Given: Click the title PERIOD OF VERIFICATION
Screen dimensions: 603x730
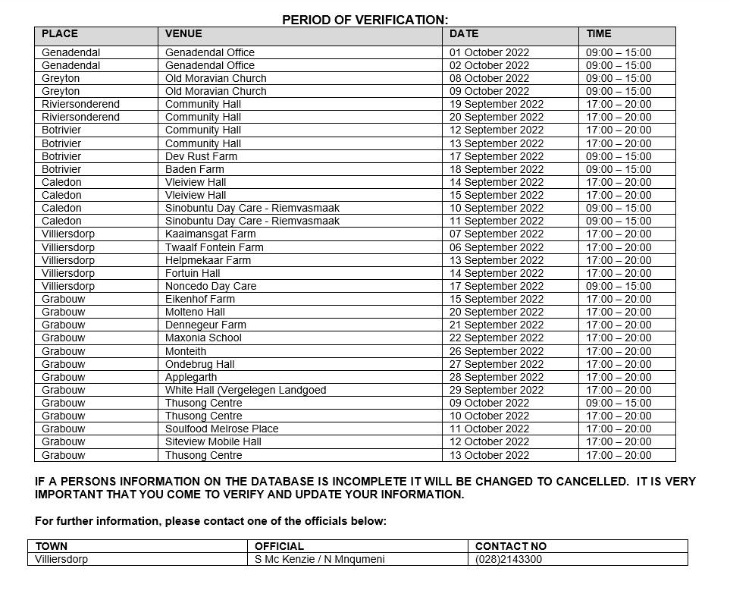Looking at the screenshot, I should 365,20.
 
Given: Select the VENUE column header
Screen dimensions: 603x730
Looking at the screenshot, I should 183,34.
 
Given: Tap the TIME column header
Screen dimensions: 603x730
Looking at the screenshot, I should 598,34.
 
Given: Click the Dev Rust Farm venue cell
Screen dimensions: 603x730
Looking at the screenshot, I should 201,156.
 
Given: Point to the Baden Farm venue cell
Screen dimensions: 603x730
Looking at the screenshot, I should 195,169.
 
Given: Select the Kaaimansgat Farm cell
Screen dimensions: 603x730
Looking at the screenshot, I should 210,234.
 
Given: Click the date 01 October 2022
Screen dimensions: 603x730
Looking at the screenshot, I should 489,52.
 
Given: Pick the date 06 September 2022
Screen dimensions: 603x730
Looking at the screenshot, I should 496,247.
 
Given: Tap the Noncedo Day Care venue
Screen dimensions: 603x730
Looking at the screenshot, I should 211,286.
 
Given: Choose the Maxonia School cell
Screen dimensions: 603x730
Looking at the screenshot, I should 203,338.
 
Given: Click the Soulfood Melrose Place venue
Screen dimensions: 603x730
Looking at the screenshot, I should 221,429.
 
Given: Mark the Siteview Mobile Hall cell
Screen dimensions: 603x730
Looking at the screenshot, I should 213,441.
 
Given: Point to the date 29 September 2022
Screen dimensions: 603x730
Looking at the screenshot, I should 496,390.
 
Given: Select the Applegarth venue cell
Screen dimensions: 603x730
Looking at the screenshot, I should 191,377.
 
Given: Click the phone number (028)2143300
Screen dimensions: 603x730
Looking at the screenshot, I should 508,560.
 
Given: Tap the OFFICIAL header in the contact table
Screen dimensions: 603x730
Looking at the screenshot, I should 279,546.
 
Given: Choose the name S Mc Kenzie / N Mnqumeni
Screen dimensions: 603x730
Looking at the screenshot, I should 319,560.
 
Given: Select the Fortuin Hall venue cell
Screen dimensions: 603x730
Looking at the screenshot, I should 193,273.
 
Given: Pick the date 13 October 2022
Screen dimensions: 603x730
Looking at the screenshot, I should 489,455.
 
